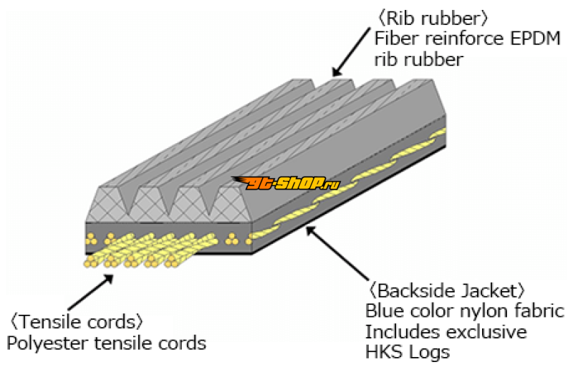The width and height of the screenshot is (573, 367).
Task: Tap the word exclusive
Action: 491,332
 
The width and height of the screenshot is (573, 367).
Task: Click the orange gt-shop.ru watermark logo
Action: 284,185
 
